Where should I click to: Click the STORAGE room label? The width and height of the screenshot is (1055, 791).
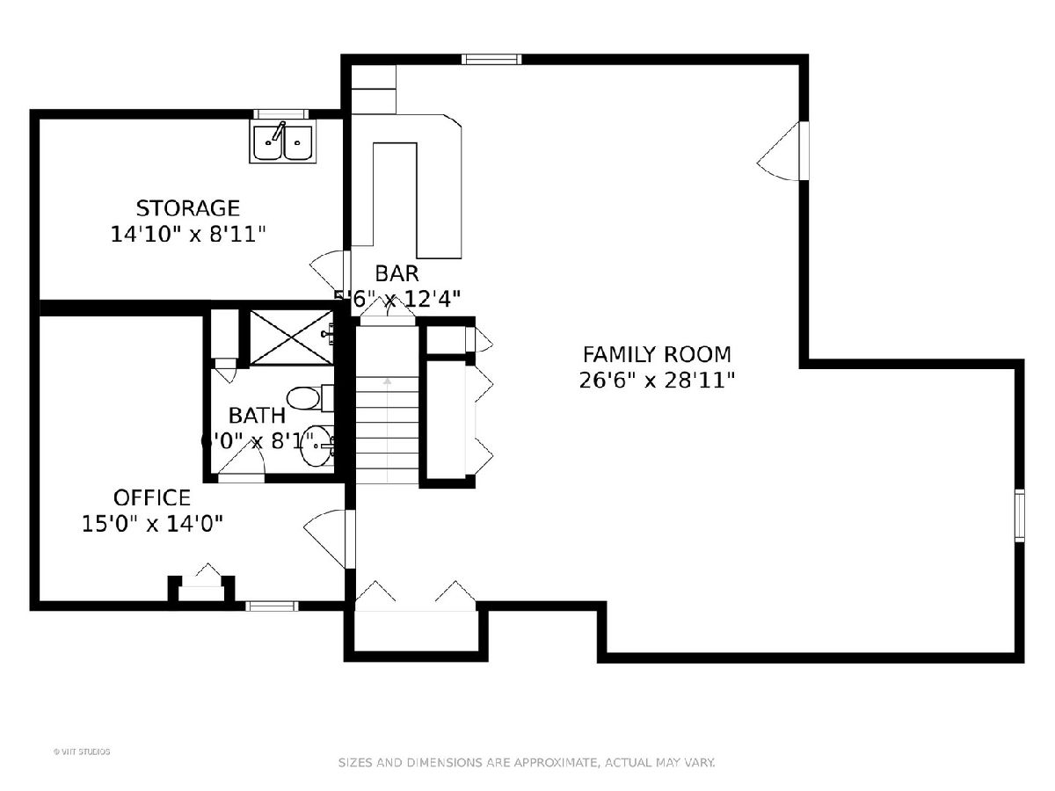(x=187, y=208)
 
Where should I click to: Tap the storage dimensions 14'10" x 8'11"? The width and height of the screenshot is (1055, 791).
(x=187, y=234)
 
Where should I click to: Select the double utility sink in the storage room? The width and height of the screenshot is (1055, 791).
(x=282, y=142)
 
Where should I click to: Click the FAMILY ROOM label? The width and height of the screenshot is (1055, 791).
(x=657, y=354)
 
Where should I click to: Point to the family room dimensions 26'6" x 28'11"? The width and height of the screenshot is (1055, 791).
(x=657, y=380)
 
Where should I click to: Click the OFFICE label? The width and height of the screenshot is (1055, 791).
(x=151, y=497)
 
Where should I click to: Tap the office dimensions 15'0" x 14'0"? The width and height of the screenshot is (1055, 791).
(x=151, y=524)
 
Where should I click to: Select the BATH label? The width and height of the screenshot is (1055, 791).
(x=257, y=415)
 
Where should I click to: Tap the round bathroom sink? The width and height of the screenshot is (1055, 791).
(x=315, y=448)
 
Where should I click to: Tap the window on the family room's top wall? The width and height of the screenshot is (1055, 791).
(x=491, y=60)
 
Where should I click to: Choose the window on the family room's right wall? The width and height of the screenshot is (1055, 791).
(x=1020, y=515)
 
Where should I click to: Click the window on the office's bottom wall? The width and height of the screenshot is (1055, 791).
(x=271, y=606)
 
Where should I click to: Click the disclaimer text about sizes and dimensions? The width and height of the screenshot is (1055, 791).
(x=527, y=763)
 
